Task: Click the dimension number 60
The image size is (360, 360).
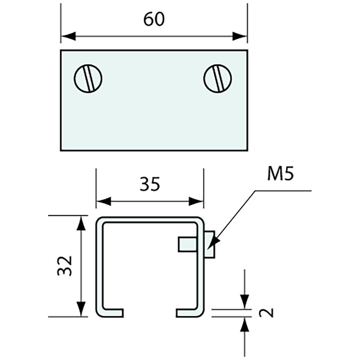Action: (154, 19)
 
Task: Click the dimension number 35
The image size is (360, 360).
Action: (150, 184)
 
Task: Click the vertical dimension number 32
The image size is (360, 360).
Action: (65, 265)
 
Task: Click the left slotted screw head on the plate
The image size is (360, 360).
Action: (88, 79)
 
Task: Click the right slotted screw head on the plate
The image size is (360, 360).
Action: (218, 79)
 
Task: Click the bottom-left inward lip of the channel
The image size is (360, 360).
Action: (113, 313)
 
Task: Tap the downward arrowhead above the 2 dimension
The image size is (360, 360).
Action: (244, 301)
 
